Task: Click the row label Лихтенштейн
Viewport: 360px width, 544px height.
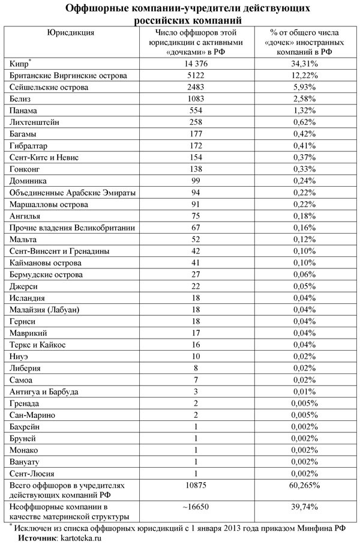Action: click(x=38, y=122)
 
